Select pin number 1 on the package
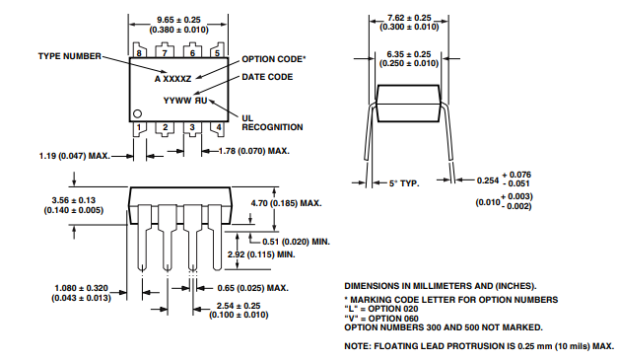[x=139, y=127]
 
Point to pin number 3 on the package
[x=192, y=127]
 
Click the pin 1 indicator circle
[x=137, y=114]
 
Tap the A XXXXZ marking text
[x=172, y=79]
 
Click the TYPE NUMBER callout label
[x=70, y=56]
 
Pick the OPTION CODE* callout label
[x=274, y=59]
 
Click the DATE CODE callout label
[x=267, y=77]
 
